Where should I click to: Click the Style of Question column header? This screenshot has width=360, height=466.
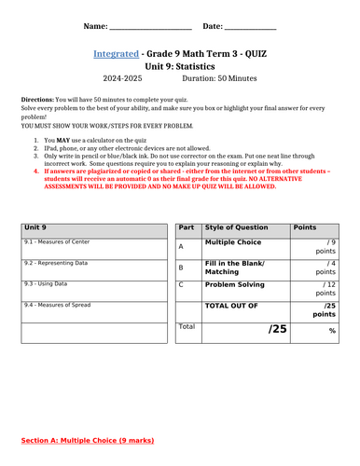pyautogui.click(x=240, y=226)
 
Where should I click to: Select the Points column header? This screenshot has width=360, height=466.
pyautogui.click(x=305, y=226)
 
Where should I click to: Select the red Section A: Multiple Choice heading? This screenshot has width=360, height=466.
pyautogui.click(x=89, y=439)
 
